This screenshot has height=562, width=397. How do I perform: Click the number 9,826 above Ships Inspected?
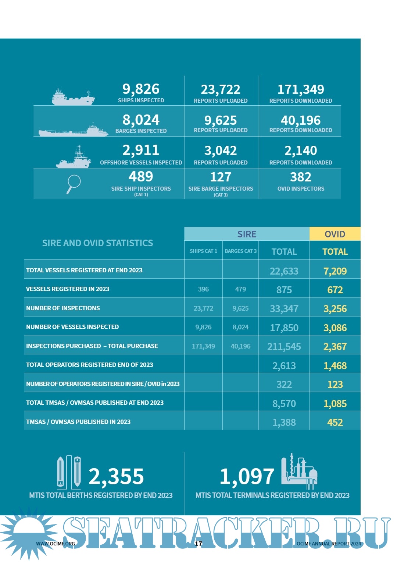tap(141, 89)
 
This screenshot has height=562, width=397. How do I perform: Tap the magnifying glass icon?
tap(74, 184)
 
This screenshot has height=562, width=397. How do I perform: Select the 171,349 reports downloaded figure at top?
tap(301, 89)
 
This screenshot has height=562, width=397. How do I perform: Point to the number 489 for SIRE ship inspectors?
tap(141, 177)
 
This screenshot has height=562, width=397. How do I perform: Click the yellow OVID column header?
tap(335, 234)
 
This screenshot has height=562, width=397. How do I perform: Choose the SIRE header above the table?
tap(247, 234)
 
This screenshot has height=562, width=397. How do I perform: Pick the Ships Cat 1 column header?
tap(203, 251)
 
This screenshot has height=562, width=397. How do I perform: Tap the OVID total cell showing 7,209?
tap(335, 271)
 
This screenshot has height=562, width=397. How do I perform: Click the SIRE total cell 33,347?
tap(284, 309)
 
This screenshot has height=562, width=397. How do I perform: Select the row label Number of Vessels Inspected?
tap(72, 327)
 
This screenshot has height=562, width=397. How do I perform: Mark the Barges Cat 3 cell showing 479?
tap(240, 289)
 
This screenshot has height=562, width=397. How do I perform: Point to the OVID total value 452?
tap(335, 423)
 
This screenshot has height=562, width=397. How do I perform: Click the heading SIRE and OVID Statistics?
tap(97, 243)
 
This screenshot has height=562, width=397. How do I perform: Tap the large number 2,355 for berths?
tap(116, 477)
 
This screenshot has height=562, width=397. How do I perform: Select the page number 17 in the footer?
tap(198, 544)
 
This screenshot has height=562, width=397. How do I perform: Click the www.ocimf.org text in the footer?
tap(56, 544)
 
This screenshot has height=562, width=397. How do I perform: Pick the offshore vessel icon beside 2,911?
tap(74, 158)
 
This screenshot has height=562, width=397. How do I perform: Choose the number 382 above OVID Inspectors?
tap(301, 177)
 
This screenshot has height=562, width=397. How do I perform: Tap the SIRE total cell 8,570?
tap(284, 404)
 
